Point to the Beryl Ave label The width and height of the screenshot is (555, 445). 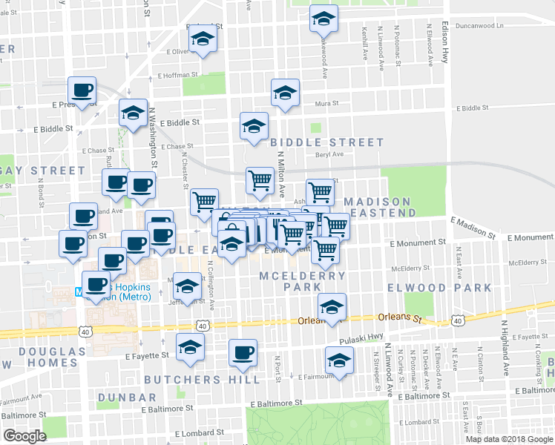tap(328, 154)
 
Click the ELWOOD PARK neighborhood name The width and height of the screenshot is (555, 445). tap(439, 288)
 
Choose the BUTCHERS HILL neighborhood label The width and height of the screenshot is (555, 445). tap(202, 380)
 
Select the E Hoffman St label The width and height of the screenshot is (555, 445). tap(177, 75)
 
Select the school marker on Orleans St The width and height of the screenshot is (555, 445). tap(332, 306)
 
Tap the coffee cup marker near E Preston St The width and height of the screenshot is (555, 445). tap(82, 91)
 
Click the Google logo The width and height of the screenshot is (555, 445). tap(24, 436)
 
